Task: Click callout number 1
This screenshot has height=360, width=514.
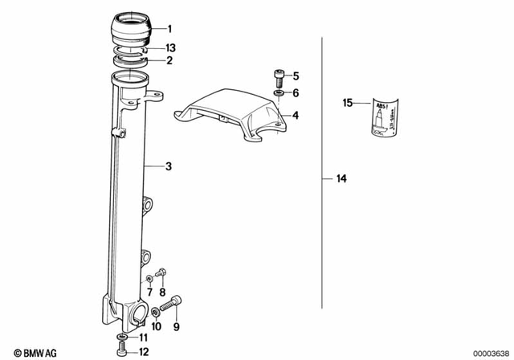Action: coord(169,28)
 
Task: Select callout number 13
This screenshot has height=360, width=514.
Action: coord(169,49)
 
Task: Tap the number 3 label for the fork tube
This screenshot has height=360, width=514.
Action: coord(168,166)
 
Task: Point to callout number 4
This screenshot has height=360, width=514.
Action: coord(296,116)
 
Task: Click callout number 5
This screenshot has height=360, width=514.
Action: coord(295,77)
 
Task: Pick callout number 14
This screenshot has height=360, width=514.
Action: coord(295,94)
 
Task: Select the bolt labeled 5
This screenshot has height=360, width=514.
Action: coord(278,78)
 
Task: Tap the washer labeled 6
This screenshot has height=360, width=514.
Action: coord(278,94)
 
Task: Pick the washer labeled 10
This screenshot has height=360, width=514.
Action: coord(154,312)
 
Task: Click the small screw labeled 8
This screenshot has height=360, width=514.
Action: coord(161,272)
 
